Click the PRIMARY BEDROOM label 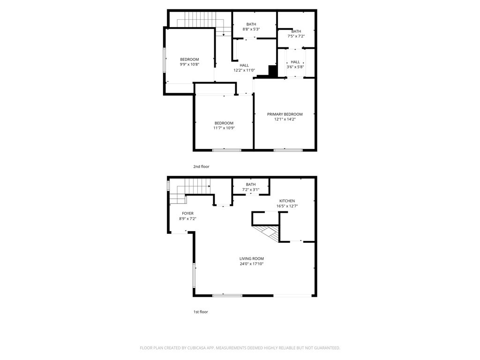pyautogui.click(x=285, y=114)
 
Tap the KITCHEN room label pyautogui.click(x=287, y=201)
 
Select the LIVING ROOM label pyautogui.click(x=251, y=258)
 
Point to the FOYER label pyautogui.click(x=187, y=213)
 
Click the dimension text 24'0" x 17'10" pyautogui.click(x=251, y=263)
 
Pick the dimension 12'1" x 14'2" pyautogui.click(x=285, y=119)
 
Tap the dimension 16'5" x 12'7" pyautogui.click(x=287, y=206)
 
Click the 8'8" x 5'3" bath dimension pyautogui.click(x=251, y=29)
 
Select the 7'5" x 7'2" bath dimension pyautogui.click(x=296, y=36)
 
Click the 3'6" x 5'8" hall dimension pyautogui.click(x=295, y=67)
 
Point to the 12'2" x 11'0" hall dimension pyautogui.click(x=244, y=70)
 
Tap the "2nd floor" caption pyautogui.click(x=201, y=166)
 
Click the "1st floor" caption pyautogui.click(x=200, y=312)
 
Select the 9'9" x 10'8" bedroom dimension pyautogui.click(x=189, y=65)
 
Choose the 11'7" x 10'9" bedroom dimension pyautogui.click(x=224, y=128)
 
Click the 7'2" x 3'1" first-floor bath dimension pyautogui.click(x=251, y=189)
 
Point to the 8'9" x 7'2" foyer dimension pyautogui.click(x=187, y=218)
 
